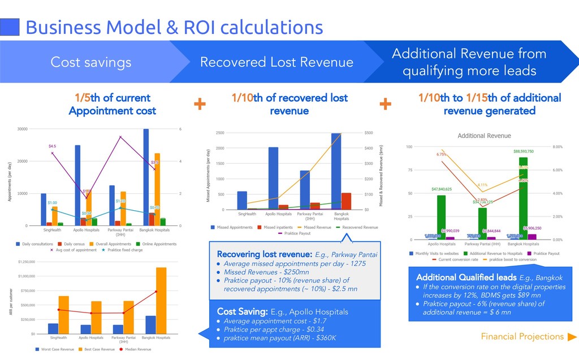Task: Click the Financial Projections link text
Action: pyautogui.click(x=522, y=337)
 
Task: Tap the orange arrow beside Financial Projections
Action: pyautogui.click(x=572, y=337)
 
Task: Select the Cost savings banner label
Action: pyautogui.click(x=90, y=62)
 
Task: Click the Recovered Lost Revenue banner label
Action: pyautogui.click(x=276, y=62)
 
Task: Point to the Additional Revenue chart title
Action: pyautogui.click(x=484, y=136)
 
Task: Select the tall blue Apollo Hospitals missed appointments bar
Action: pyautogui.click(x=273, y=178)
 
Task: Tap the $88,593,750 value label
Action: pyautogui.click(x=515, y=151)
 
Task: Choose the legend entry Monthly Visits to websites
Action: pyautogui.click(x=436, y=254)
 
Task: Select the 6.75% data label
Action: pyautogui.click(x=441, y=154)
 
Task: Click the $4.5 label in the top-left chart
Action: pyautogui.click(x=53, y=146)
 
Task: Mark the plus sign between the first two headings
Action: pyautogui.click(x=200, y=104)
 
